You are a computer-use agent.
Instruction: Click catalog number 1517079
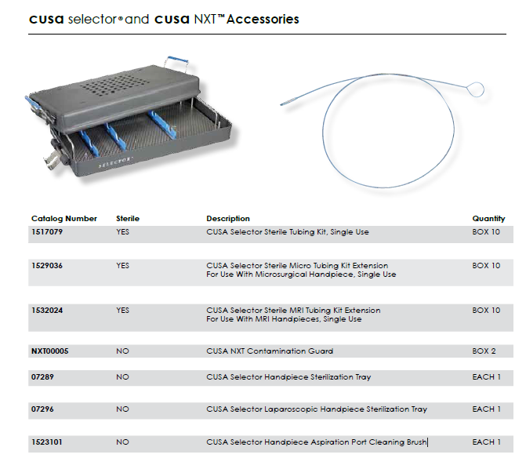click(48, 232)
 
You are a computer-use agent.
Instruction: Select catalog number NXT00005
click(50, 351)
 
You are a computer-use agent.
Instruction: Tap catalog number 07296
click(44, 409)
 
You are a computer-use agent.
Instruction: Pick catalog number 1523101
click(48, 442)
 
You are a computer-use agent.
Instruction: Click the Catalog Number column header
click(64, 219)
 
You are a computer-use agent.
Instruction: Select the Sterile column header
click(128, 219)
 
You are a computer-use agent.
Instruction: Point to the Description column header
click(228, 219)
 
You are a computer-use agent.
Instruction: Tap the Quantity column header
click(488, 219)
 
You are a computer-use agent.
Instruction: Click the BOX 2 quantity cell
click(484, 351)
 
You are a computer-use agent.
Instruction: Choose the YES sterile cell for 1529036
click(123, 266)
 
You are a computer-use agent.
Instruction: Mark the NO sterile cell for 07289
click(122, 377)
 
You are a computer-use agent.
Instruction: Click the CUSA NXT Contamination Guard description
click(270, 351)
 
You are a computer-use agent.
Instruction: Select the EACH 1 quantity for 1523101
click(486, 442)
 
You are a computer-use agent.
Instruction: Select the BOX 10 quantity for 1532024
click(486, 311)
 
